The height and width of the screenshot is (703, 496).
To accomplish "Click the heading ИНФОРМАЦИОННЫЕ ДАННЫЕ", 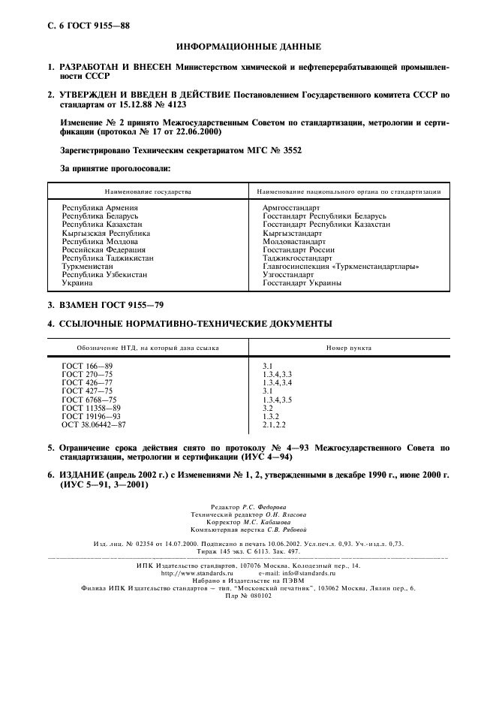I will coord(248,47).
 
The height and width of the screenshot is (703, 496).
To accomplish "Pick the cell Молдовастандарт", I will coord(294,242).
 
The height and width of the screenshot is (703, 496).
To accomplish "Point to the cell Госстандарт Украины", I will coord(302,283).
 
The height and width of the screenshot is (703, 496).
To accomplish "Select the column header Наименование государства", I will coord(148,192).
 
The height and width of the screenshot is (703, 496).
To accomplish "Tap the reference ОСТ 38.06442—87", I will coord(94,424).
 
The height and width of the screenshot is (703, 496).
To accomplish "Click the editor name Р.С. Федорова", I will coord(268,508).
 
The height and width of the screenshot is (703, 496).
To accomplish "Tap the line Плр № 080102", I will coord(248,595).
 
